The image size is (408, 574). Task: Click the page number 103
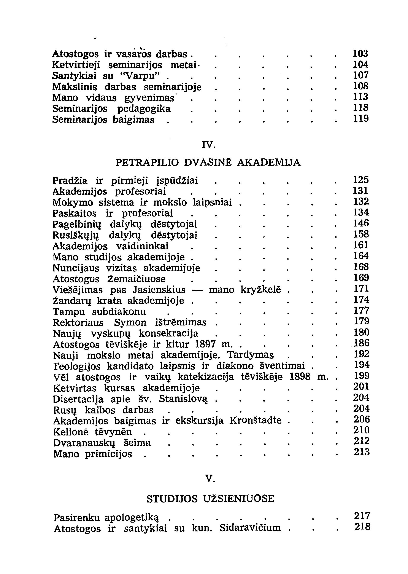click(360, 54)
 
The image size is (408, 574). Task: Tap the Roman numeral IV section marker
click(208, 145)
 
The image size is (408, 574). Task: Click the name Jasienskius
click(159, 290)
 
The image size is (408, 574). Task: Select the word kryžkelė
click(261, 290)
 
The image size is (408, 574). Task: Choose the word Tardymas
click(250, 355)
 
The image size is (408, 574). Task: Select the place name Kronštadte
click(255, 420)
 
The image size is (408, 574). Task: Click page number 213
click(362, 452)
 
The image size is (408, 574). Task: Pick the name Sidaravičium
click(250, 528)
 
